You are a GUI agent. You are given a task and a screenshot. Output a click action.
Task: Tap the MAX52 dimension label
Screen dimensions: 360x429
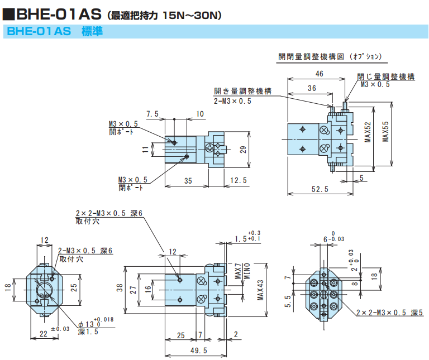[368, 133]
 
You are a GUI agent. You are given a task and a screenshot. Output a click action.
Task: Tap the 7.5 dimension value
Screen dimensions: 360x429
[152, 114]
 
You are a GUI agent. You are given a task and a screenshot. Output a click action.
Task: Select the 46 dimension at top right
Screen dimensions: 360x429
[320, 74]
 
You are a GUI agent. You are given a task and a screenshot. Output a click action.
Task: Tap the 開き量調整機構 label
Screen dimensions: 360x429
[243, 91]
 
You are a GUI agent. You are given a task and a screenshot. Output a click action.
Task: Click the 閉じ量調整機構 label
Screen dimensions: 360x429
[386, 76]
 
